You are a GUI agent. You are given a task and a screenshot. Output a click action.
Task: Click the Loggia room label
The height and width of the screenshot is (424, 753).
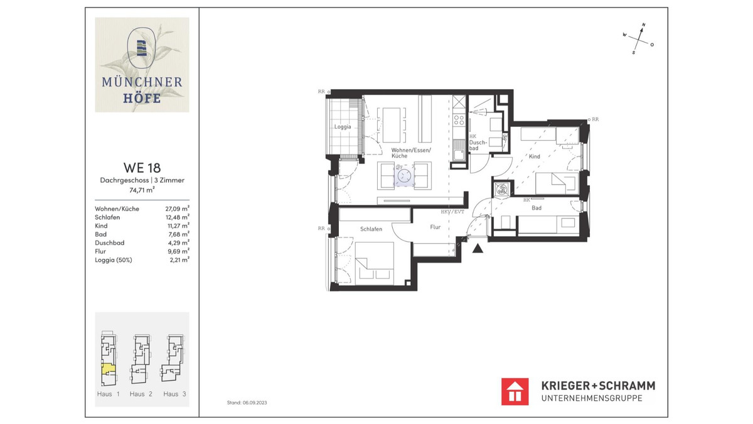pos(343,127)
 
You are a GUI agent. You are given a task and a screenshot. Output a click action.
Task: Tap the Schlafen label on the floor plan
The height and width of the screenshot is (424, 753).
pos(371,229)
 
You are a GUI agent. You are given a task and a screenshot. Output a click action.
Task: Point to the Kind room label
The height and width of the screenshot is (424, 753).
pos(534,156)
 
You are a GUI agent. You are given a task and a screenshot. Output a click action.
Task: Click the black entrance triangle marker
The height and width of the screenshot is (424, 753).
pos(478,249)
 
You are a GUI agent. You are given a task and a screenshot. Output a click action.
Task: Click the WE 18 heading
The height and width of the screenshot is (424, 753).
pos(142,168)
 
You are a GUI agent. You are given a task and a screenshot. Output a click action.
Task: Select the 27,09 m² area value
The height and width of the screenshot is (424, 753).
pos(177,209)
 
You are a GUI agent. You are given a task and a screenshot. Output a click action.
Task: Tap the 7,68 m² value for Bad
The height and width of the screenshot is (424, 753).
pos(177,234)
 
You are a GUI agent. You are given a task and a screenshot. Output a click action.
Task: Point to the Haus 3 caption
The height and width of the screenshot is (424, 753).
pos(174,394)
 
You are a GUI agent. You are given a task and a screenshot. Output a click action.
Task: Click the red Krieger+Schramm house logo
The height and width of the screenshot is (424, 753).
pos(515,391)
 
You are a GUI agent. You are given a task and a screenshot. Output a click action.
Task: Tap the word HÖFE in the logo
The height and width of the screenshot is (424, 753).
pos(142,99)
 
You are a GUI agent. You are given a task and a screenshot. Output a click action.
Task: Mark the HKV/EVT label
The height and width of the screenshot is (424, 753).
pos(452,212)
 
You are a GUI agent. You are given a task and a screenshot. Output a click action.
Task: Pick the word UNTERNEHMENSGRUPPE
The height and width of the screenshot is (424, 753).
pos(592,398)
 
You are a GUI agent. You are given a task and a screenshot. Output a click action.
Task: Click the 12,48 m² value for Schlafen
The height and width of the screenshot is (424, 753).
pos(177,217)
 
